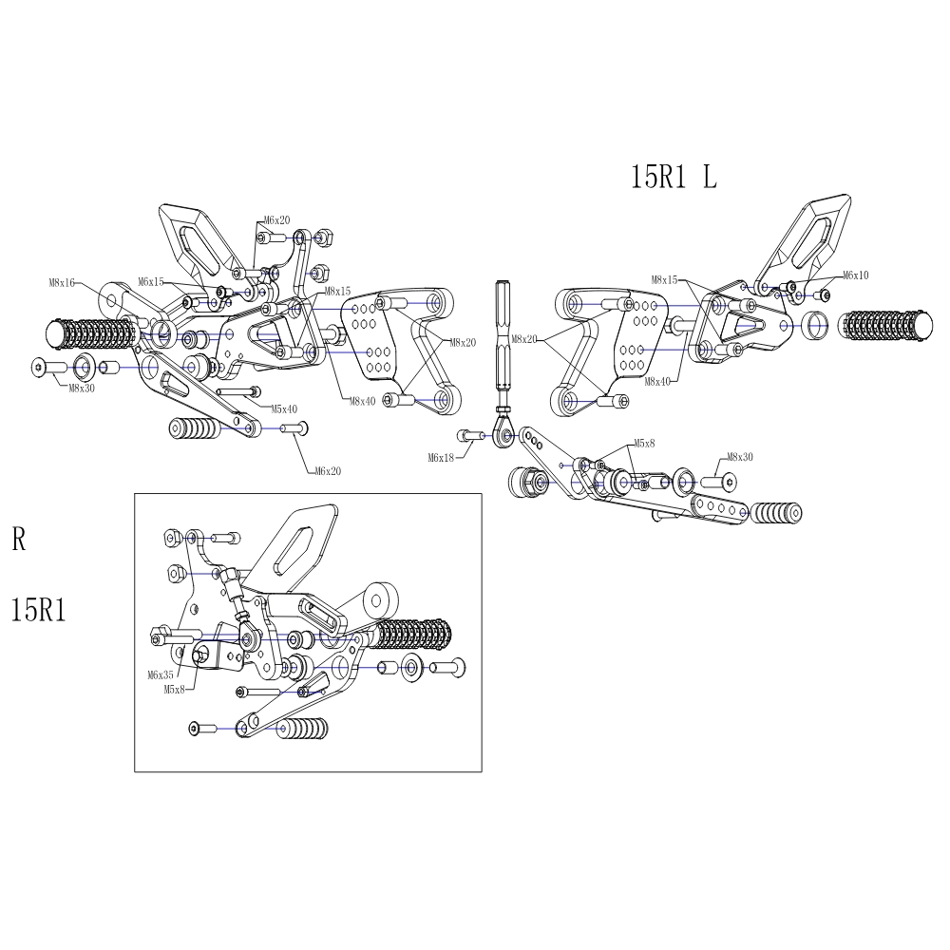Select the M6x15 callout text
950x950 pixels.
point(151,282)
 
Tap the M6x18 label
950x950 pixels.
point(442,458)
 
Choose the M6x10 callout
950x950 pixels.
point(852,275)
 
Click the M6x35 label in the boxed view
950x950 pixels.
point(161,674)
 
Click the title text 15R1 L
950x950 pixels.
point(674,178)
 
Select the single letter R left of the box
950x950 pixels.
point(19,541)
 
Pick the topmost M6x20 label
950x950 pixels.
point(277,220)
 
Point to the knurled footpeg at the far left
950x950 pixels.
point(91,333)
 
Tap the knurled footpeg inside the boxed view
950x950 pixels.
point(414,635)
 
